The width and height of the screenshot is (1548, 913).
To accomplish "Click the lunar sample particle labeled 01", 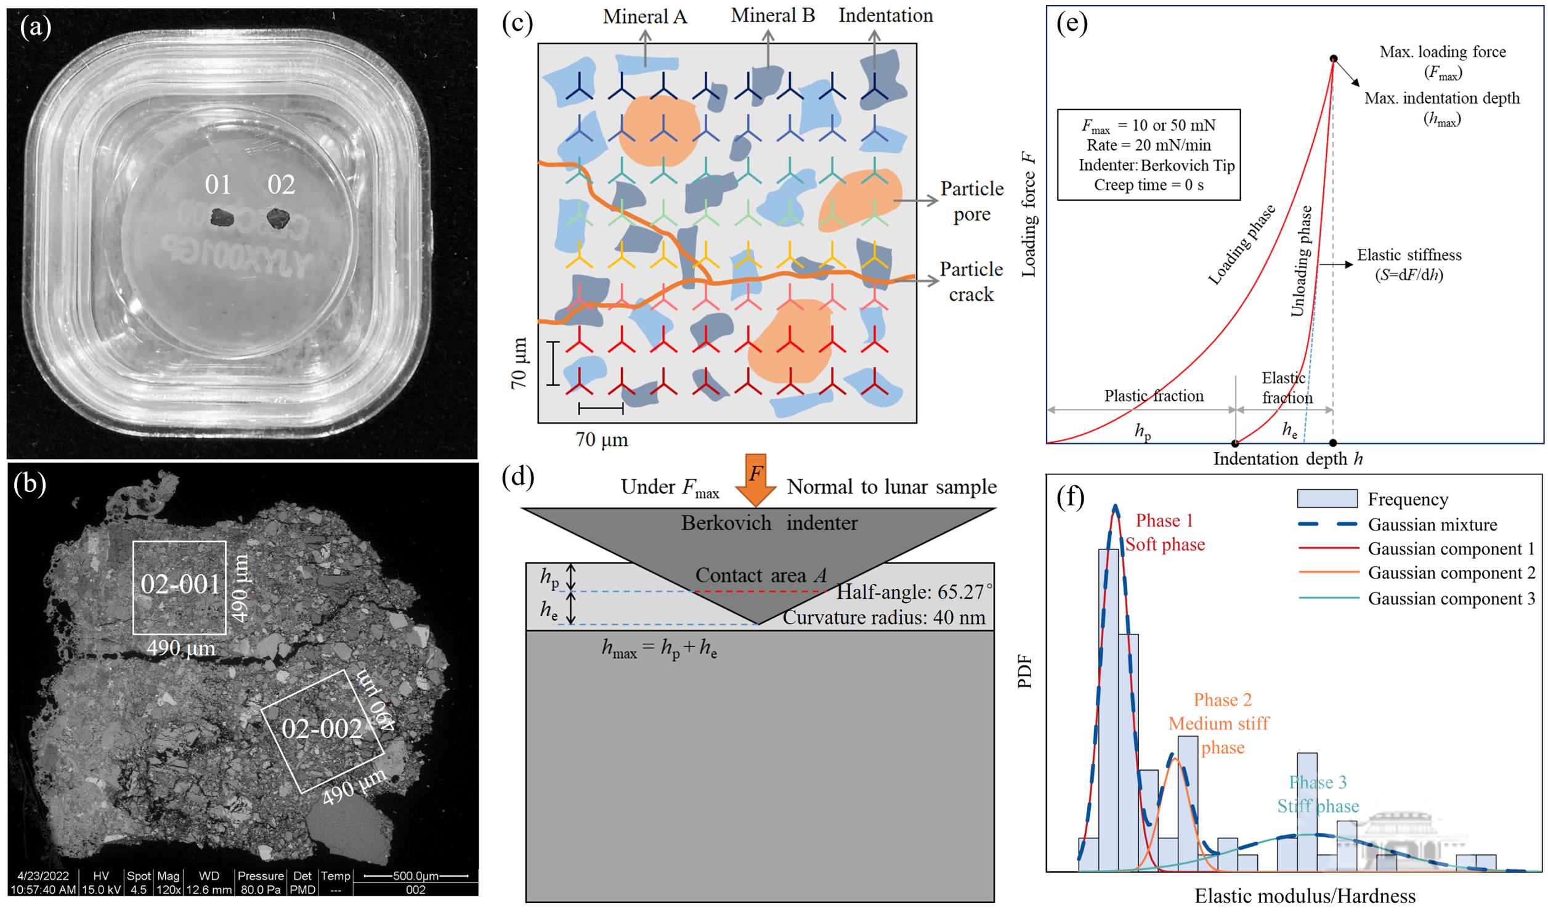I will pos(219,217).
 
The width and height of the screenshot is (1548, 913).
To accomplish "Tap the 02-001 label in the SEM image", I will pos(180,584).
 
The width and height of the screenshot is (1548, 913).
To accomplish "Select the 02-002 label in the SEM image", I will pos(322,729).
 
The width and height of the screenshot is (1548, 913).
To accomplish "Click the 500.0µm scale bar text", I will pos(416,875).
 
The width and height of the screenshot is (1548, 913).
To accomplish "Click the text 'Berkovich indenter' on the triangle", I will pos(769,523).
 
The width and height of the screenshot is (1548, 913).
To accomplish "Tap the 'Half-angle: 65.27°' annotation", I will pos(914,592).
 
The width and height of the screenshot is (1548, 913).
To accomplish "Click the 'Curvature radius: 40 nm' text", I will pos(884,617).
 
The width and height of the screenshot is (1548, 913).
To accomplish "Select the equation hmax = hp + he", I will pos(659,648).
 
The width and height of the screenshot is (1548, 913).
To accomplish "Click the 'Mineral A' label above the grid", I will pos(644,17).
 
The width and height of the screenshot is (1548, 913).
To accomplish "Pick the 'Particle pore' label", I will pos(971,201).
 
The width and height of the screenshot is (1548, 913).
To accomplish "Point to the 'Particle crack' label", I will pos(971,282).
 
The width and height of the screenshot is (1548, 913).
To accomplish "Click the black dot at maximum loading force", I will pos(1334,59).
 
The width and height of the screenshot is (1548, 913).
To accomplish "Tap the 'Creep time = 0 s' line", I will pos(1148,185).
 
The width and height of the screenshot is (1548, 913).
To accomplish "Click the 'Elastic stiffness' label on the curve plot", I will pos(1409,255).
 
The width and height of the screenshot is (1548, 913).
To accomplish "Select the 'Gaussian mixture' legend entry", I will pos(1432,525).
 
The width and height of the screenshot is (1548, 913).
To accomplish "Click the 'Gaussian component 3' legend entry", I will pos(1451,598).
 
